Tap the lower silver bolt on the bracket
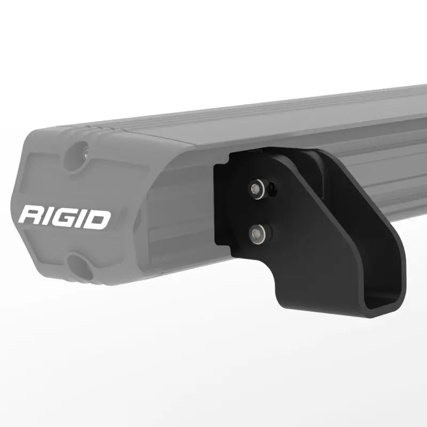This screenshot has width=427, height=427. click(x=258, y=232)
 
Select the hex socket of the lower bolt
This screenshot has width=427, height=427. click(x=258, y=232)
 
